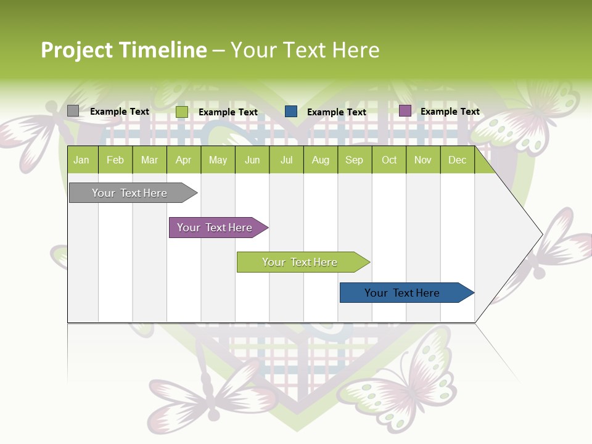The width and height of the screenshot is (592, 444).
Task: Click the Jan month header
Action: click(81, 160)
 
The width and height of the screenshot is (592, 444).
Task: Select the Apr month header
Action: click(183, 160)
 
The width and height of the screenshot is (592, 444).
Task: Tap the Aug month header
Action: click(320, 160)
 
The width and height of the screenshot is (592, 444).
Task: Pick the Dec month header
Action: click(457, 160)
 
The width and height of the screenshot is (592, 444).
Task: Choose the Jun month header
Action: click(252, 160)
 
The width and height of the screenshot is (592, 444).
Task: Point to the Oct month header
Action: click(388, 160)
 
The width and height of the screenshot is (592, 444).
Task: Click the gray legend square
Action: click(73, 111)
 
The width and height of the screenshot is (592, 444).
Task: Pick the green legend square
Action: click(181, 112)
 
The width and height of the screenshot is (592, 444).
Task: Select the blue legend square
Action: click(291, 112)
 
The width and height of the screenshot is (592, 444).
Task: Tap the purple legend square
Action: click(405, 111)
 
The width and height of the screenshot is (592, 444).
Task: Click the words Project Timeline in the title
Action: click(123, 50)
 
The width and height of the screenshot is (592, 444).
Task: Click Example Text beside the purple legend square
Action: click(450, 112)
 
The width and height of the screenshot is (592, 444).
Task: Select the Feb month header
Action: click(115, 160)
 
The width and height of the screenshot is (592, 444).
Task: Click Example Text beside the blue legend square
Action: click(336, 112)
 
